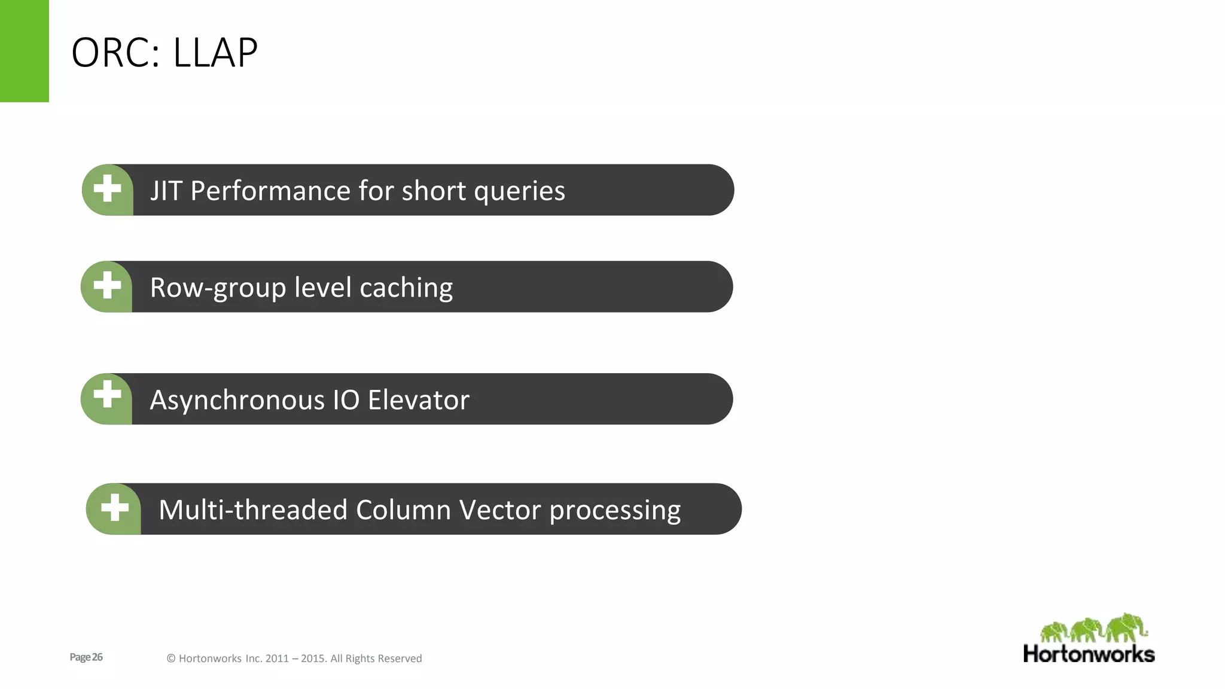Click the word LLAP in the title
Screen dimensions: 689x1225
click(215, 53)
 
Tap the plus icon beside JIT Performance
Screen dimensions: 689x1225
click(108, 189)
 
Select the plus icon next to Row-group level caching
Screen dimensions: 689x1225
click(108, 285)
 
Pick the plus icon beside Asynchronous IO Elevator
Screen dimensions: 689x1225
click(108, 395)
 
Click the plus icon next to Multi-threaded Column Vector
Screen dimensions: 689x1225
click(115, 508)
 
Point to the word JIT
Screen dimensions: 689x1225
click(166, 191)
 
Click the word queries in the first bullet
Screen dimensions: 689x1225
click(519, 192)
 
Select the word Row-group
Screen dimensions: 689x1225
click(218, 288)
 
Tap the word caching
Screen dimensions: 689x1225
click(406, 288)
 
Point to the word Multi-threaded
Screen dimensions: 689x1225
click(253, 510)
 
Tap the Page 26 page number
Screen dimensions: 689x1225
click(86, 657)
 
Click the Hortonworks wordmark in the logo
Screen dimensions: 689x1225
click(1089, 654)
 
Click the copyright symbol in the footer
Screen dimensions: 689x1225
click(171, 658)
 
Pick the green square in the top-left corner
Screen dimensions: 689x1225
click(24, 51)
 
